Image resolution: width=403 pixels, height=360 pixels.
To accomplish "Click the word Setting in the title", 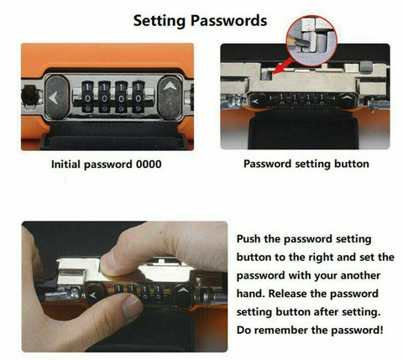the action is [x=160, y=21].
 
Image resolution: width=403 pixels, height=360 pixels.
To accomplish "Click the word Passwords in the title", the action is [x=229, y=20].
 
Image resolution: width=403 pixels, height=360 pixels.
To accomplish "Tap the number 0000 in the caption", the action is [x=149, y=164].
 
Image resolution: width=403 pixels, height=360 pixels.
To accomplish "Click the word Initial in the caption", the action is [x=65, y=164].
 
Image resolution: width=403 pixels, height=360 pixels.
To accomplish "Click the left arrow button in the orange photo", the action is [x=56, y=97].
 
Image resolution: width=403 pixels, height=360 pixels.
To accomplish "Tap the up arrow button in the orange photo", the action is [x=170, y=97].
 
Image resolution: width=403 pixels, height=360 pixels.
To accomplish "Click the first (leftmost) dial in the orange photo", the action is [x=87, y=97].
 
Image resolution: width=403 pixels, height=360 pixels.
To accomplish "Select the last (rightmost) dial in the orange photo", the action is [x=139, y=97].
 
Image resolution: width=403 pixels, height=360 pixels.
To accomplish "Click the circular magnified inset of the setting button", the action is [x=311, y=40].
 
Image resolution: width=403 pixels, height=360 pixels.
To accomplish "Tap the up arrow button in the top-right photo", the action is [x=348, y=99].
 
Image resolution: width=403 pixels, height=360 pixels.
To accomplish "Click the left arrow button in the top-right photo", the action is [x=256, y=101].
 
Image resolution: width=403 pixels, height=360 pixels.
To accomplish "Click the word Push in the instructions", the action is [x=249, y=239].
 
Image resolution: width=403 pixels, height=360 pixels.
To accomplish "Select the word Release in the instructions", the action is [x=288, y=294].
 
